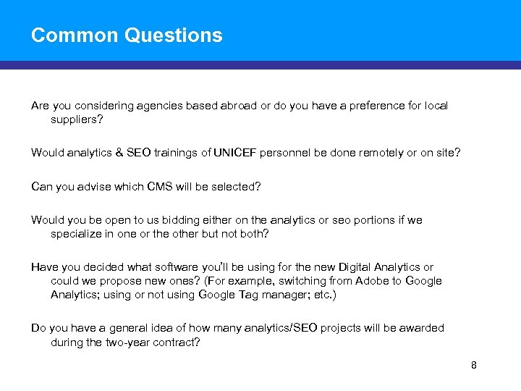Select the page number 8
click(x=474, y=365)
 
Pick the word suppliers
click(x=75, y=119)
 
